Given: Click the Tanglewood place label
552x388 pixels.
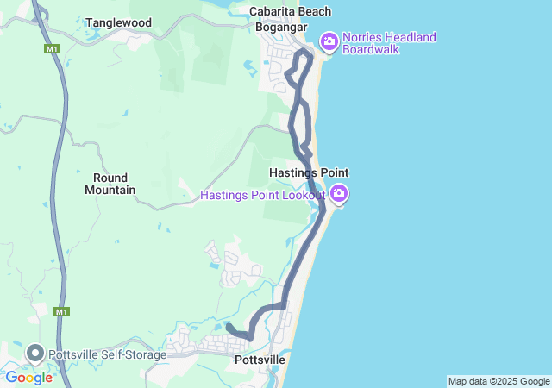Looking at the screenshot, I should click(x=118, y=23).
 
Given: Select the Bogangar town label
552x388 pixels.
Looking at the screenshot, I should click(x=282, y=26).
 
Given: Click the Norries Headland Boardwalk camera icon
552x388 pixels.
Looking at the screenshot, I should click(x=329, y=41).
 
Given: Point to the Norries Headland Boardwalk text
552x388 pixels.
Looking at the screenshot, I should click(x=389, y=43).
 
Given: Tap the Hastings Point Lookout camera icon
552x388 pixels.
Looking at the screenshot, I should click(x=340, y=194).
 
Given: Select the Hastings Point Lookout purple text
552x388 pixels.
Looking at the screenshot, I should click(x=262, y=195).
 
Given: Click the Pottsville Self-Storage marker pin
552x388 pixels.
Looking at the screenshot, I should click(x=35, y=353).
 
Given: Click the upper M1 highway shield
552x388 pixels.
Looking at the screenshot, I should click(x=53, y=49).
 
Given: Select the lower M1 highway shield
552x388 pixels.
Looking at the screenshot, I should click(x=61, y=312).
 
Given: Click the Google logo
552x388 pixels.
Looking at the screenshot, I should click(x=28, y=377).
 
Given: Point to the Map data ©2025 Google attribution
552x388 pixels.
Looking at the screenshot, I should click(x=499, y=381).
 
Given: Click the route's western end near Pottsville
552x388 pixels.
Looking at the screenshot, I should click(x=229, y=326).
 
